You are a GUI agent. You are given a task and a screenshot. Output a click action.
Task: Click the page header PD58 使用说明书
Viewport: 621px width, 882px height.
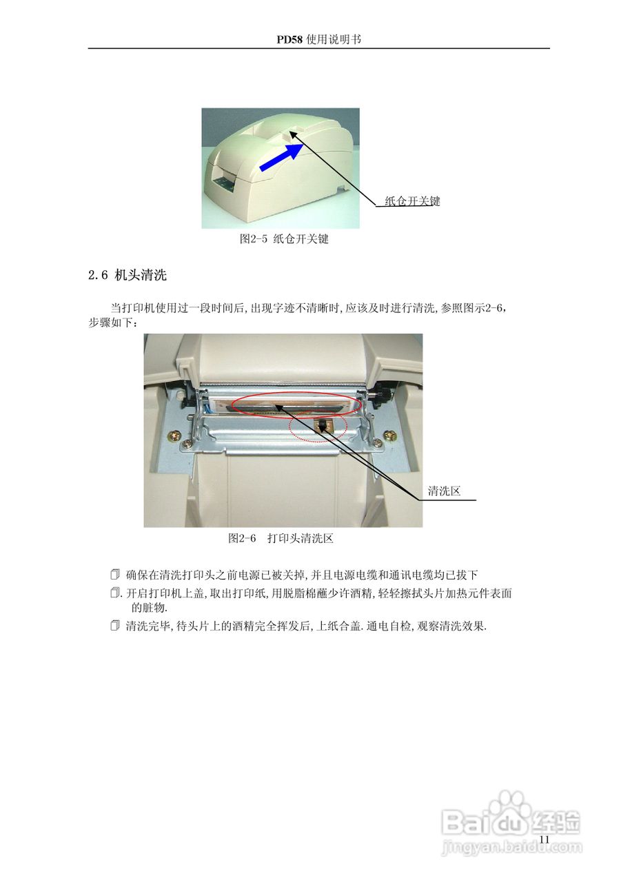click(x=318, y=39)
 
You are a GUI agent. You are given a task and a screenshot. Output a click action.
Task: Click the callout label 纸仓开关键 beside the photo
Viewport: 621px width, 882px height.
click(x=411, y=201)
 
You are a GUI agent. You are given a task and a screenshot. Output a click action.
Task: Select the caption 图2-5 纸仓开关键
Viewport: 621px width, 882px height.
click(x=283, y=239)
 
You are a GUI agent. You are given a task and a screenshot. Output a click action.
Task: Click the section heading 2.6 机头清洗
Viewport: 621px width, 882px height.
click(x=128, y=276)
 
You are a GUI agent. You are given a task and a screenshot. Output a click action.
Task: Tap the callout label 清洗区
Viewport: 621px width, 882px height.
click(x=444, y=491)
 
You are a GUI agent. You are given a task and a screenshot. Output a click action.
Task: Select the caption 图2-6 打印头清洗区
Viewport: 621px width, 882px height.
click(x=281, y=538)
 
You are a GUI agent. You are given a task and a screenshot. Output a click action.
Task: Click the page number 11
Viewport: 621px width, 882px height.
click(x=544, y=839)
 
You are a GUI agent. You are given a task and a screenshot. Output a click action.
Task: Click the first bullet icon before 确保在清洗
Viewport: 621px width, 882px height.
click(x=115, y=574)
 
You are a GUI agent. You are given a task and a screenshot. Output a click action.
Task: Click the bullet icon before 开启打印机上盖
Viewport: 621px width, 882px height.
click(x=115, y=593)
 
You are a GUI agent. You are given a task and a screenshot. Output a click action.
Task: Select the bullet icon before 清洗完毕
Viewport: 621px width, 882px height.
click(x=115, y=626)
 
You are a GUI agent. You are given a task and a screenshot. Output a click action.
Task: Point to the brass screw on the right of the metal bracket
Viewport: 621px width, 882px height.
click(x=391, y=435)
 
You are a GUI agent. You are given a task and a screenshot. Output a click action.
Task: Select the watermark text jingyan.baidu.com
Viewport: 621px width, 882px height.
click(x=510, y=847)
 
